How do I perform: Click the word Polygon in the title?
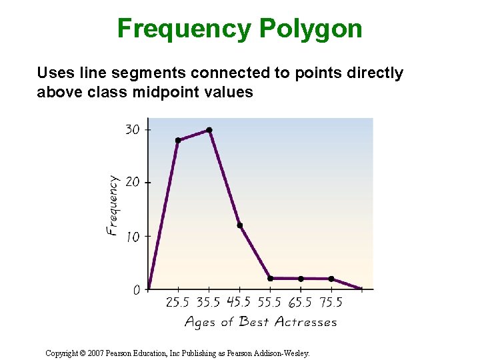pyautogui.click(x=311, y=29)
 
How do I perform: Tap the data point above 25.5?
pyautogui.click(x=178, y=140)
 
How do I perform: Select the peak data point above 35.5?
pyautogui.click(x=209, y=130)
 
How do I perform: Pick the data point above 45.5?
pyautogui.click(x=239, y=225)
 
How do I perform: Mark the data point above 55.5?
pyautogui.click(x=270, y=278)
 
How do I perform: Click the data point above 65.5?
pyautogui.click(x=301, y=279)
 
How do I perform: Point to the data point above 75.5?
pyautogui.click(x=331, y=279)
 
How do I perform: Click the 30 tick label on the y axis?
pyautogui.click(x=133, y=129)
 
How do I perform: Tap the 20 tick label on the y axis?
pyautogui.click(x=133, y=182)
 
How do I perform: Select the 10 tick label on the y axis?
pyautogui.click(x=133, y=236)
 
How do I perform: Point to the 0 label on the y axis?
pyautogui.click(x=136, y=290)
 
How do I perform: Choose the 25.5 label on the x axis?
pyautogui.click(x=177, y=303)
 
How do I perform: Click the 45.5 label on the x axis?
pyautogui.click(x=239, y=303)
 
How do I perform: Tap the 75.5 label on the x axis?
pyautogui.click(x=331, y=303)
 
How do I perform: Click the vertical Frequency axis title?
pyautogui.click(x=113, y=205)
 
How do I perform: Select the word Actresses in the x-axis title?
pyautogui.click(x=306, y=323)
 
